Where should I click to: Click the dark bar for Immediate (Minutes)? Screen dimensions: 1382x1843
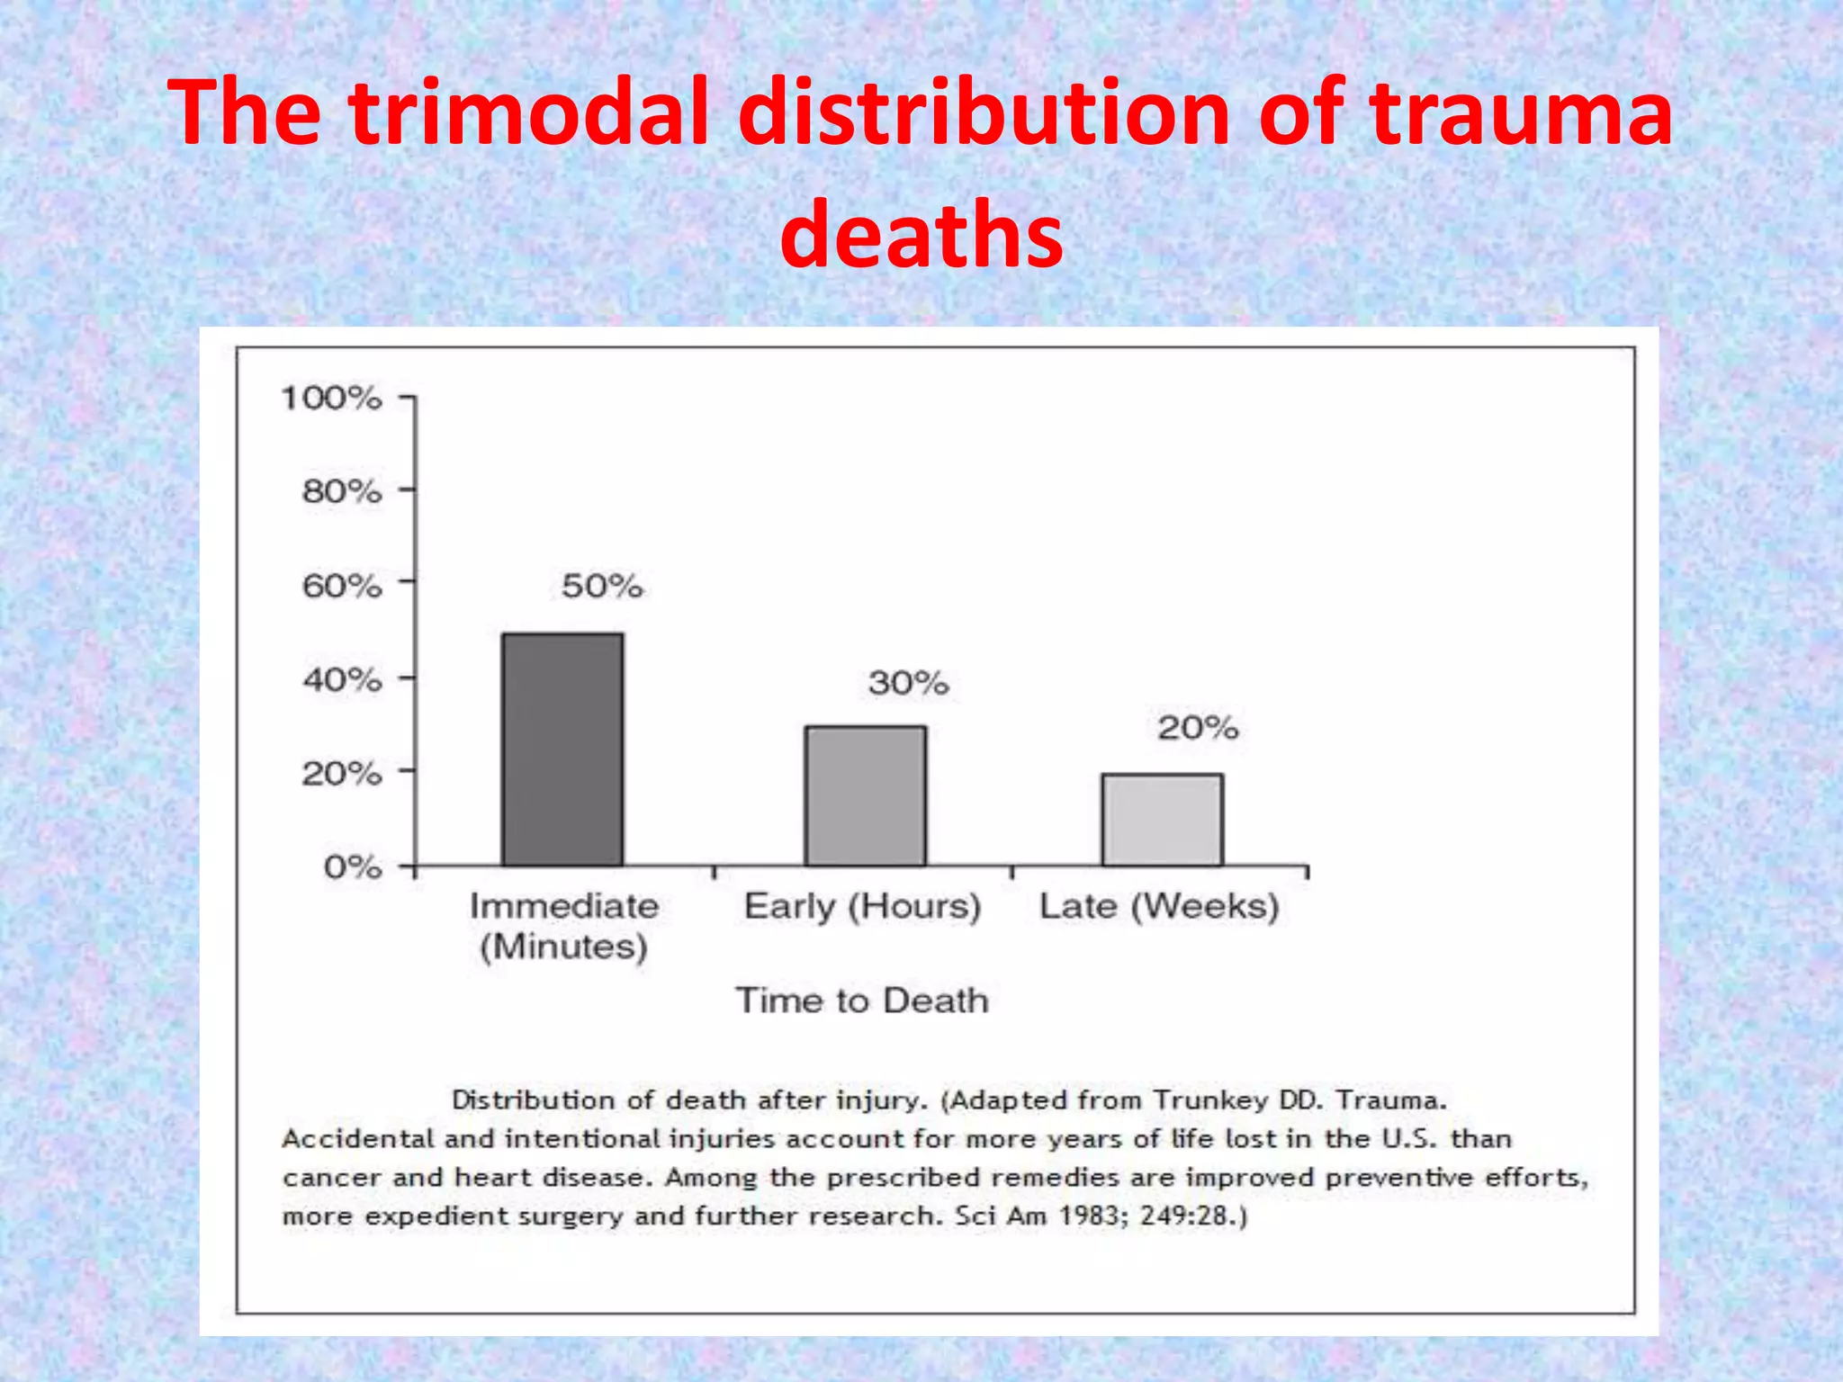[x=562, y=749]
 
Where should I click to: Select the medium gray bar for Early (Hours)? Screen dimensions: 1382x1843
[x=865, y=795]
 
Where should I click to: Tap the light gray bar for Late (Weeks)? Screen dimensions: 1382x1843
[x=1162, y=820]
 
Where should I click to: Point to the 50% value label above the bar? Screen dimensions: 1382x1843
[x=602, y=587]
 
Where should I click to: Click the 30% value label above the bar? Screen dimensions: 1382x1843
[x=908, y=683]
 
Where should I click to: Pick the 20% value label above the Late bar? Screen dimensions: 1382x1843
[x=1198, y=728]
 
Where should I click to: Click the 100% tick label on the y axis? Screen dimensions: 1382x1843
[x=331, y=398]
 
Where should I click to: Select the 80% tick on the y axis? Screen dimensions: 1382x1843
[x=342, y=491]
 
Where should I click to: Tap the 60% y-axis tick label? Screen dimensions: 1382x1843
[x=342, y=587]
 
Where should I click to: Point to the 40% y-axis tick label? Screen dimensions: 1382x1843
[x=342, y=680]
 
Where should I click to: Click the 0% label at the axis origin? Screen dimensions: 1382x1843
[x=353, y=867]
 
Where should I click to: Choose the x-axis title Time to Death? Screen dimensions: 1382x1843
[x=862, y=1001]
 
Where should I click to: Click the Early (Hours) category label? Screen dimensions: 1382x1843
[x=862, y=906]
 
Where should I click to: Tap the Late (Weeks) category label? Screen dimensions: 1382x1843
[x=1159, y=906]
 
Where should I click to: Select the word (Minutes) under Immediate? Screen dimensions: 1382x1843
[x=563, y=947]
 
